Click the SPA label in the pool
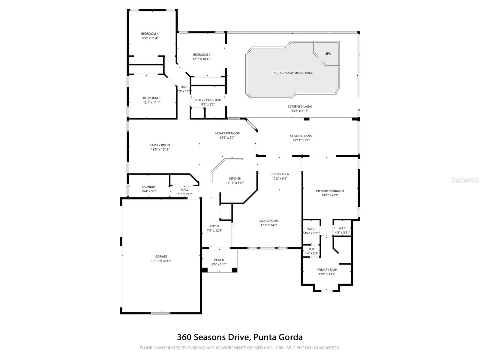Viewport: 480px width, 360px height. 328,54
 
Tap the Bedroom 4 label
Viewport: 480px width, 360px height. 150,34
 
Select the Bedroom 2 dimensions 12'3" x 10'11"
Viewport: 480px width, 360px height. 202,59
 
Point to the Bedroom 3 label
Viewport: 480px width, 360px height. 151,98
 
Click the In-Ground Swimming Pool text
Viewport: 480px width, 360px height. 292,73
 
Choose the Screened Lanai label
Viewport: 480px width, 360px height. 300,106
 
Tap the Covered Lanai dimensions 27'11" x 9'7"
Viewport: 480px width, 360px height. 301,140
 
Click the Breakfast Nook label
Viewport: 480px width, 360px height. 227,133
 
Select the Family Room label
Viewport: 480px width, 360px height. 160,145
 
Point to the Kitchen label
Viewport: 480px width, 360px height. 235,178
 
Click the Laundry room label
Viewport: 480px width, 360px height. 149,187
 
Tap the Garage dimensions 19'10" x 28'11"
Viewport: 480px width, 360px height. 161,261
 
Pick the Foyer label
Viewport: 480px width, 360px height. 214,226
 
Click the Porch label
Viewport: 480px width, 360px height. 219,260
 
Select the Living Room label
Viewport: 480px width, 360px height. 269,221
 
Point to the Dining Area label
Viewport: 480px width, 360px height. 280,174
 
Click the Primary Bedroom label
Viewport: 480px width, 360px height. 330,191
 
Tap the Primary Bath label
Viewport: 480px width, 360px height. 327,270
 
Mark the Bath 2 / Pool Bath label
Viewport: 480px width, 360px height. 208,100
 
